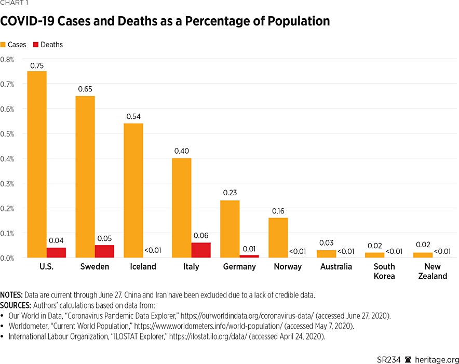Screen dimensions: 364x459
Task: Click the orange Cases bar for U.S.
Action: coord(37,164)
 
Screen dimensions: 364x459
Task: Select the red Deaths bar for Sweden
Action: coord(104,251)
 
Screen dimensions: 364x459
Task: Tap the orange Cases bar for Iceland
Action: coord(133,190)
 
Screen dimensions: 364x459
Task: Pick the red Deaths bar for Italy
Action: coord(200,250)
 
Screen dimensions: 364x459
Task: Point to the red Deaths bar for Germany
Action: coord(249,256)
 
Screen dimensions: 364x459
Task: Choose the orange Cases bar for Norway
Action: coord(278,237)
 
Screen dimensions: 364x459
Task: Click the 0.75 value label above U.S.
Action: coord(37,65)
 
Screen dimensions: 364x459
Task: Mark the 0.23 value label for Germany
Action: coord(230,193)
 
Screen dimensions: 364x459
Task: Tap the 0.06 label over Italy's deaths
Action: coord(201,235)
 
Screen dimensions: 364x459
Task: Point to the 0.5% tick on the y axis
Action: coord(7,133)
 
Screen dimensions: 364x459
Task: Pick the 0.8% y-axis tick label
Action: coord(7,59)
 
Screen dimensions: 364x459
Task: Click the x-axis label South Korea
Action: coord(384,271)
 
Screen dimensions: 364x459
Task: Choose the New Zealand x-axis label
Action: coord(433,271)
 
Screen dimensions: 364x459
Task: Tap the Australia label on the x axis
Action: coord(336,266)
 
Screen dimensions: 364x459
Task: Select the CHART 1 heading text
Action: coord(14,3)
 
